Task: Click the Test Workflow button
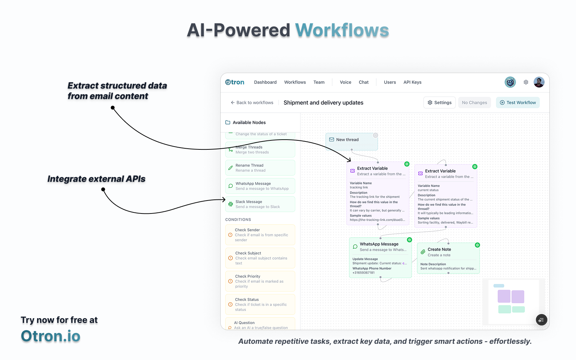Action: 518,103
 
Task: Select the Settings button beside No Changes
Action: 439,103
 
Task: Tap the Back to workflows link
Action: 252,103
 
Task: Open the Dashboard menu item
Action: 265,82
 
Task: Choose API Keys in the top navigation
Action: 412,82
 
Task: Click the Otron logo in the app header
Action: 235,82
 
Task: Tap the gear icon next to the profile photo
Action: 526,82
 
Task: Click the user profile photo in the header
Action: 539,82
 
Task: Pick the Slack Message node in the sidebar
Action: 260,204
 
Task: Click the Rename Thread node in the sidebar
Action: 260,168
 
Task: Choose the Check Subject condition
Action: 260,258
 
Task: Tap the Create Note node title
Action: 439,249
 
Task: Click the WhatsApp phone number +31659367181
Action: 364,273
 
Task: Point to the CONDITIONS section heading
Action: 238,220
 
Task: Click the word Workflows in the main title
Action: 342,30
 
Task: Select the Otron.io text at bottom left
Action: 50,336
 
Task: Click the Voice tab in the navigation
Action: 346,82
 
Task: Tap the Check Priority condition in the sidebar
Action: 260,281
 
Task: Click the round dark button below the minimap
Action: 541,320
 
